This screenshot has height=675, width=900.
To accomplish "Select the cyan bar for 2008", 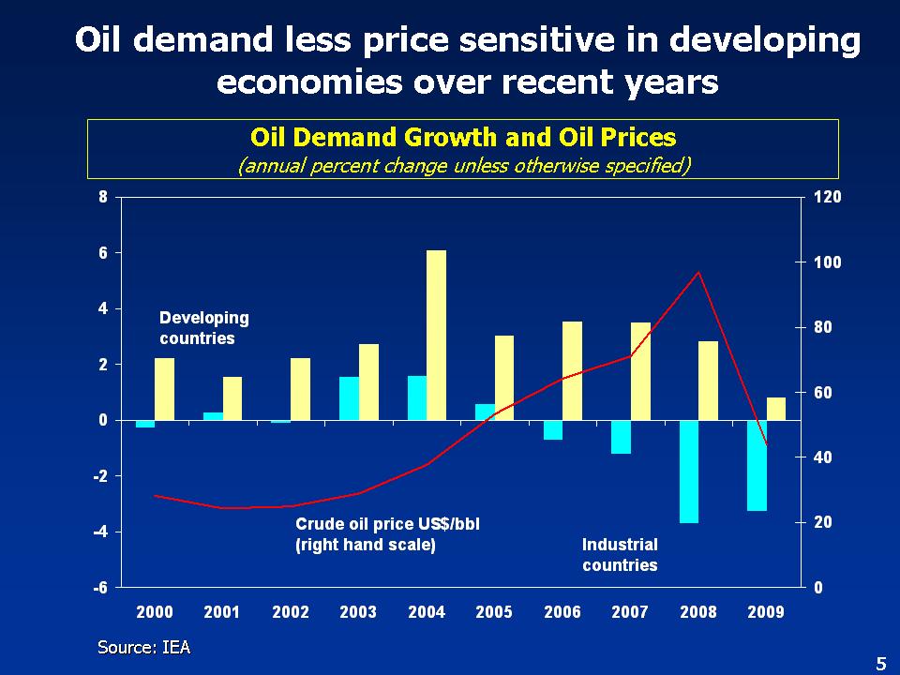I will tap(689, 471).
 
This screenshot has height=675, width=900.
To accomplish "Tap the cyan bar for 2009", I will tap(757, 465).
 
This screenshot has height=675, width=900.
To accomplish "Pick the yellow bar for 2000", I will tap(165, 389).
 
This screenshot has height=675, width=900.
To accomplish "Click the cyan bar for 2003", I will tap(349, 398).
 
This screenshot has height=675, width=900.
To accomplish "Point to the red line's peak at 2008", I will tap(697, 273).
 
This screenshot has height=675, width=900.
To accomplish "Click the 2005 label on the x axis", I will tap(494, 612).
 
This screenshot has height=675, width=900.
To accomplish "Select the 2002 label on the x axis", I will tap(290, 612).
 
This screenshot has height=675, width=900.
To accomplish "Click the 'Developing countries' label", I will tap(203, 328).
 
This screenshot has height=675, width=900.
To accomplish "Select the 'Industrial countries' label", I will tap(620, 555).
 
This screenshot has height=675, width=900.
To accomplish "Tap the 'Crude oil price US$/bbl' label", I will tap(387, 524).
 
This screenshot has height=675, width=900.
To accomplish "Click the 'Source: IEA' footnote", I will tap(144, 647).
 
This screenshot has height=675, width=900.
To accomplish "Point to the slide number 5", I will tap(880, 664).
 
